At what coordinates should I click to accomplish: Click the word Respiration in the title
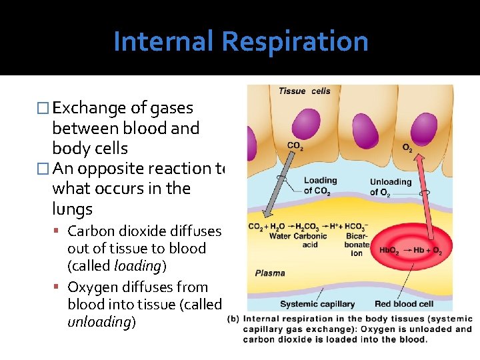click(295, 41)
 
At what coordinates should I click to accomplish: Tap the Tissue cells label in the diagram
click(304, 91)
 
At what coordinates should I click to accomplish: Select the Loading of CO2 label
click(321, 185)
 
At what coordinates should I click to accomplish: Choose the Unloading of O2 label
click(390, 187)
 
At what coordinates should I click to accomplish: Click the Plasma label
click(270, 273)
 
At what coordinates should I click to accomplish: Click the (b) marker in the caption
click(233, 318)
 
